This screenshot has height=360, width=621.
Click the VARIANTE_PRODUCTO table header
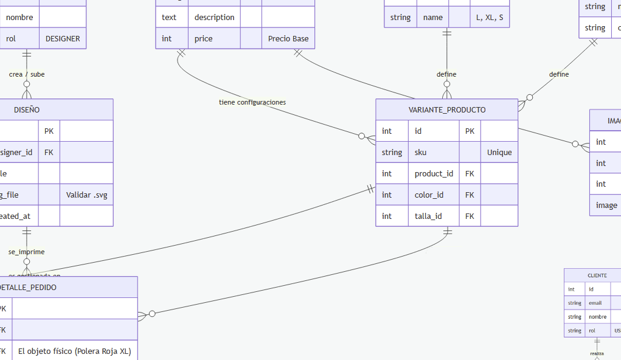click(446, 109)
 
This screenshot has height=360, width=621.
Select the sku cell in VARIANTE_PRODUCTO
click(434, 152)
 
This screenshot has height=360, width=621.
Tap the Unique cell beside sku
click(499, 152)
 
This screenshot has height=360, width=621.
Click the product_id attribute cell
click(434, 173)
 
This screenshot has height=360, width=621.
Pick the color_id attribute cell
click(434, 195)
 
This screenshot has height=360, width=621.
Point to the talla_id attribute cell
click(434, 216)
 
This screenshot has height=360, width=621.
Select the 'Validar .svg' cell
click(86, 195)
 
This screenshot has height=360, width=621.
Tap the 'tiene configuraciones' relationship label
click(252, 102)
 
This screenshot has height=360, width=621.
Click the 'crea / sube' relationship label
click(27, 74)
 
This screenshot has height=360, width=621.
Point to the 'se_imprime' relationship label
click(26, 252)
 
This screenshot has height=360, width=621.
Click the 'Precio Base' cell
click(288, 38)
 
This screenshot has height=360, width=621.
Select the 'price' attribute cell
click(214, 38)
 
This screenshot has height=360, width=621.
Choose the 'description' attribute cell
click(214, 17)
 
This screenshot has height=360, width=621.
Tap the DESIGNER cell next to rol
click(63, 38)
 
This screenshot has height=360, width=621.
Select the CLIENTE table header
click(597, 275)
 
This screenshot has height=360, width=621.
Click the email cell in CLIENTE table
click(598, 303)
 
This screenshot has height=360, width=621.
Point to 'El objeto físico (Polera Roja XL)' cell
click(75, 351)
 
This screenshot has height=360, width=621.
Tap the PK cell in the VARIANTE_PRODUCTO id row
click(470, 131)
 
